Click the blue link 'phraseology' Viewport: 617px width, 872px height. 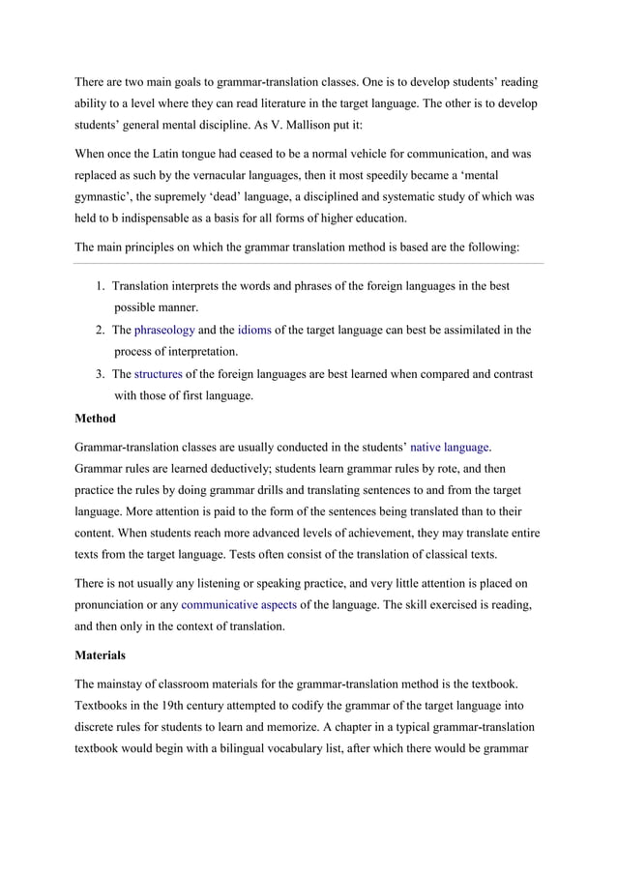[164, 330]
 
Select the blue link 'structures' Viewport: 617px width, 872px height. [158, 374]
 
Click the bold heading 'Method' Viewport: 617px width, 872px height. [95, 419]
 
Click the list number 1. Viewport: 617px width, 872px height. [101, 286]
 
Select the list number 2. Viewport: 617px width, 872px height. [101, 330]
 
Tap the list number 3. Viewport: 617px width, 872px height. [101, 374]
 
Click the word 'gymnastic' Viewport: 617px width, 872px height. [108, 195]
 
